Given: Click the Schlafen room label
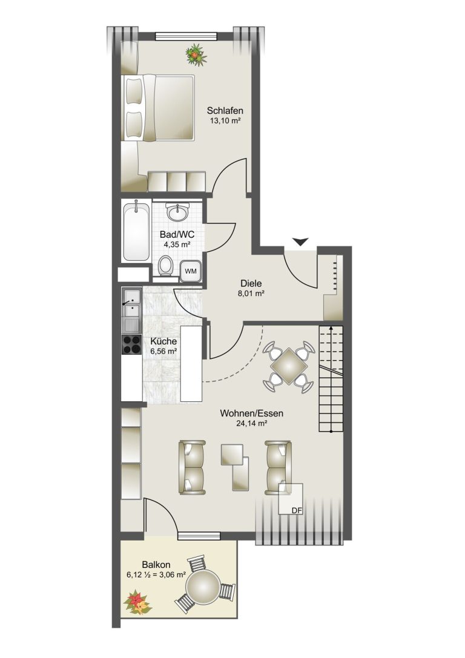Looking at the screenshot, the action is coord(225,111).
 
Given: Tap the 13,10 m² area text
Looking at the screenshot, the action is coord(225,121).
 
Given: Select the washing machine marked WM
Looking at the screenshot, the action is coord(191,271).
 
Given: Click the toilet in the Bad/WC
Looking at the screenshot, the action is coord(166,266).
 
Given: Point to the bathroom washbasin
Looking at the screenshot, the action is coord(178,211).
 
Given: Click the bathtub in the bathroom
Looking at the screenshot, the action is coord(136,231).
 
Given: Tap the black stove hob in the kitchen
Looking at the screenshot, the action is coord(132,344).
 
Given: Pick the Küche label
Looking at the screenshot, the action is coord(163,341).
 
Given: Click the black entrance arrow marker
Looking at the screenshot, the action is coord(300,242).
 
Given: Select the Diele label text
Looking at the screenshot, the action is coord(251,284).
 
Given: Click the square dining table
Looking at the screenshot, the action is coord(288,367).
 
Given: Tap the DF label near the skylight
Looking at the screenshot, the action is coord(297,510).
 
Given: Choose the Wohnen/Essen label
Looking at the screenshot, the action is coord(252,413).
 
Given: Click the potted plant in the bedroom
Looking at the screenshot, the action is coord(196,54).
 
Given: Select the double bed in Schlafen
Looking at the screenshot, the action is coord(159,107).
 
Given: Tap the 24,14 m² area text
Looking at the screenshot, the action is coord(252,423).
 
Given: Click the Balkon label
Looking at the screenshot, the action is coord(156,565).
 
